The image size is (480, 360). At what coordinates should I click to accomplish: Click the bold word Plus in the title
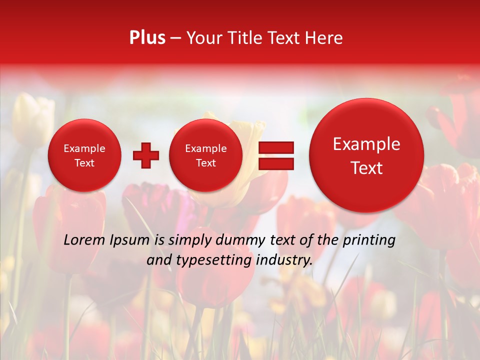pos(147,38)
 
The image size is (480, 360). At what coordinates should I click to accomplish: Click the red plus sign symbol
pos(145,155)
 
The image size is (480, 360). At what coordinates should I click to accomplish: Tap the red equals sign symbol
pos(275,155)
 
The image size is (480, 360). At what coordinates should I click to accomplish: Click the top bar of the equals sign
pos(275,147)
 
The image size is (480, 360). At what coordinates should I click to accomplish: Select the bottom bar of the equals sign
pos(275,163)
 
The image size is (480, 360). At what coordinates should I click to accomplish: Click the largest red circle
pos(366,155)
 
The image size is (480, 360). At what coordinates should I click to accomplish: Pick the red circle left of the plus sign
pos(84,155)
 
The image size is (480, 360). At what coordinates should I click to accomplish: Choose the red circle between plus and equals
pos(206,155)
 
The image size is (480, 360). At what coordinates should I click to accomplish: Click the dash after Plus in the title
pos(175,38)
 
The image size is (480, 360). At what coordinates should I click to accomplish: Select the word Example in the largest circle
pos(366,144)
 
